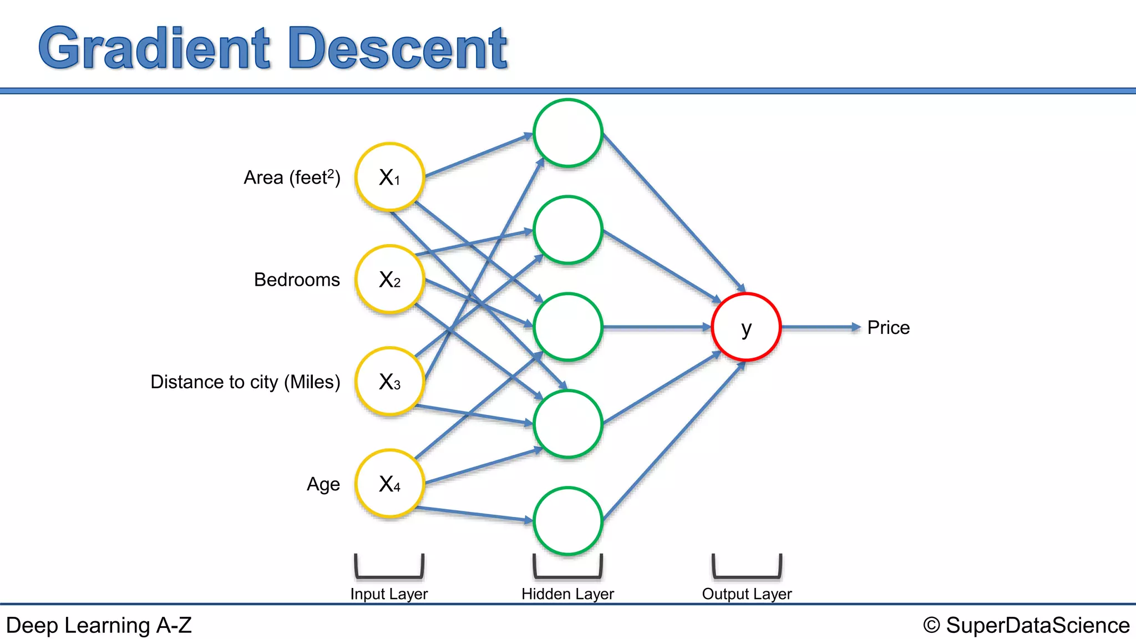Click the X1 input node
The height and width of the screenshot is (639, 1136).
pyautogui.click(x=390, y=177)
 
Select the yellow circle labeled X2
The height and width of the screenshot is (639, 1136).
pyautogui.click(x=390, y=280)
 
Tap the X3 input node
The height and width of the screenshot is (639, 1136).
pyautogui.click(x=390, y=382)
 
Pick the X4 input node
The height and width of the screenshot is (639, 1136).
pyautogui.click(x=390, y=484)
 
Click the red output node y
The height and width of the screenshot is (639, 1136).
pyautogui.click(x=746, y=327)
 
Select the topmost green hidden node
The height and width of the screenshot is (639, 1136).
pyautogui.click(x=568, y=133)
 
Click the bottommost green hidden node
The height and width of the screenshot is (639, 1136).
pyautogui.click(x=568, y=521)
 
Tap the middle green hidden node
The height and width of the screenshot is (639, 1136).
pyautogui.click(x=568, y=327)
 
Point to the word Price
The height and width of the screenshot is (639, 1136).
pyautogui.click(x=888, y=328)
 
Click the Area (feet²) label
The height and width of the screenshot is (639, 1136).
pyautogui.click(x=292, y=177)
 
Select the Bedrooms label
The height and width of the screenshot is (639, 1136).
pyautogui.click(x=297, y=280)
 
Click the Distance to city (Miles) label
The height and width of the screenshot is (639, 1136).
pyautogui.click(x=245, y=382)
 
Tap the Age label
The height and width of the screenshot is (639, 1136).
pyautogui.click(x=323, y=484)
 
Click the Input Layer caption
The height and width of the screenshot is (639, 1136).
pyautogui.click(x=389, y=594)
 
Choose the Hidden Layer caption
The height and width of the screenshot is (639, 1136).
pyautogui.click(x=567, y=594)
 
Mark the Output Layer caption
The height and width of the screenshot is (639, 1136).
pyautogui.click(x=747, y=594)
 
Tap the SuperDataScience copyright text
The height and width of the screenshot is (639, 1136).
pyautogui.click(x=1026, y=625)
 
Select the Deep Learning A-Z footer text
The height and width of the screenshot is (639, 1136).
pyautogui.click(x=99, y=625)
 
